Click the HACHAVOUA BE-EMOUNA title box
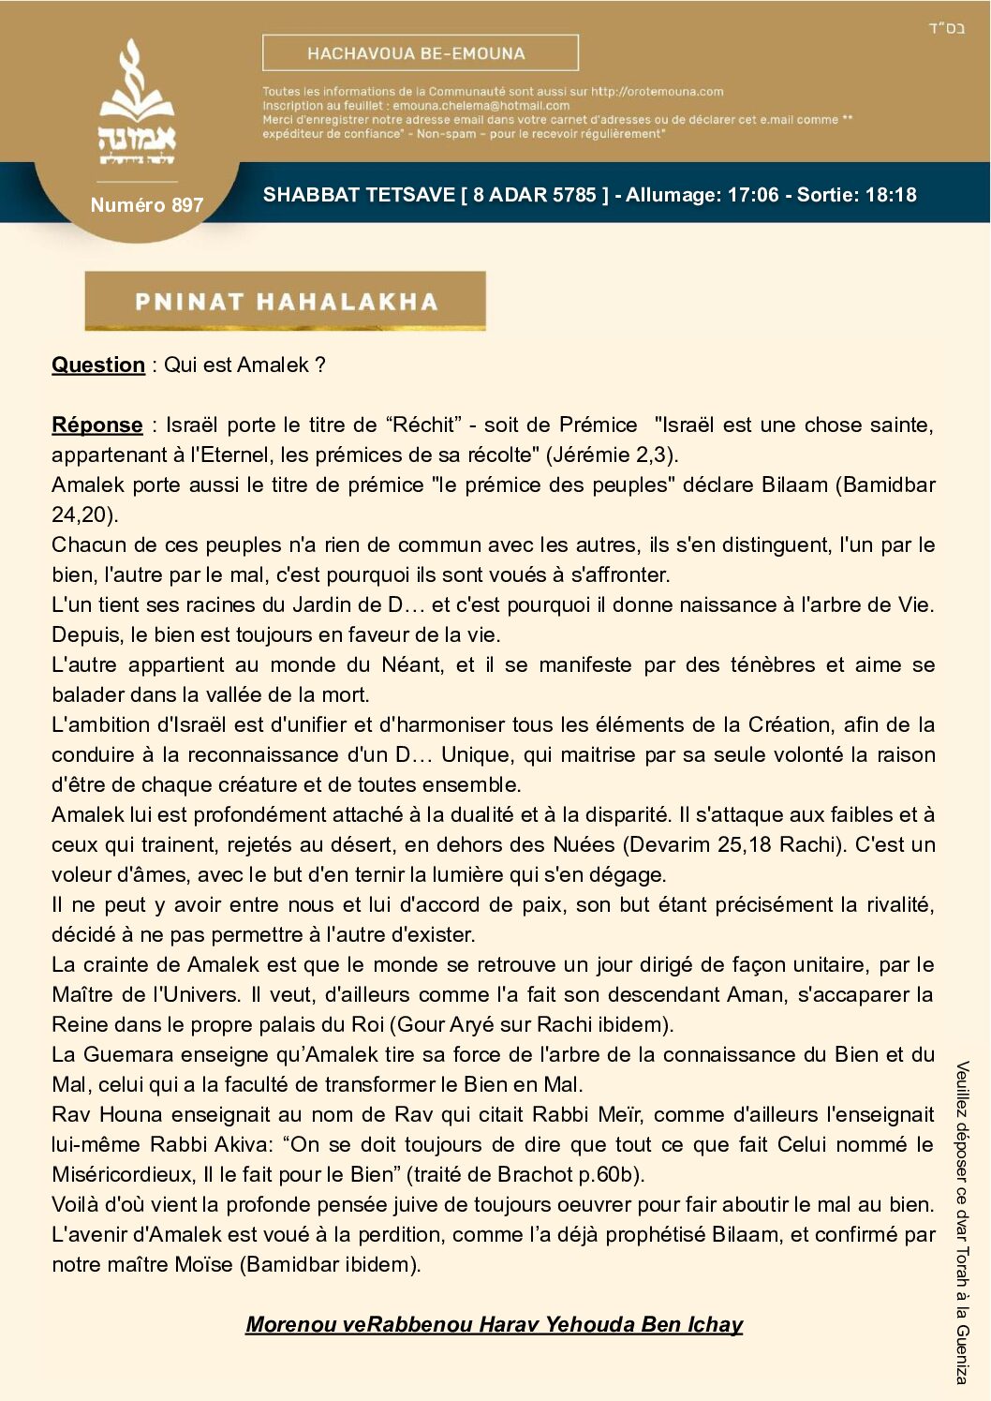tap(420, 53)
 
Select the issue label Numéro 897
tap(146, 205)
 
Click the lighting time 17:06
tap(754, 195)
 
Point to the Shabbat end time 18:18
tap(891, 195)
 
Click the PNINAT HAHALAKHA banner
tap(285, 301)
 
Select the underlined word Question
tap(98, 365)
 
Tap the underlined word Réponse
tap(97, 425)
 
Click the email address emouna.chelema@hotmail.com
tap(481, 106)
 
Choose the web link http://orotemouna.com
tap(657, 92)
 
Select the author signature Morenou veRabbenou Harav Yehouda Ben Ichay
tap(494, 1324)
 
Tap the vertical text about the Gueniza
tap(962, 1222)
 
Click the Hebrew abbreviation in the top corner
tap(946, 28)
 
